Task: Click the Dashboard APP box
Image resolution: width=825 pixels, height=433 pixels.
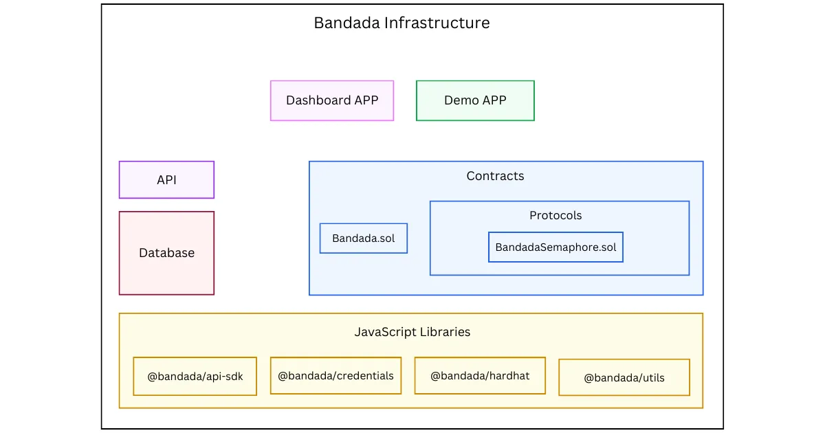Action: click(x=332, y=100)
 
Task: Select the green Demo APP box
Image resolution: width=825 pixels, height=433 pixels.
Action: click(x=475, y=100)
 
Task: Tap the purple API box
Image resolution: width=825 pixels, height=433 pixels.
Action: click(x=166, y=179)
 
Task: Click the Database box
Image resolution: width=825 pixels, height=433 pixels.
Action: click(x=166, y=253)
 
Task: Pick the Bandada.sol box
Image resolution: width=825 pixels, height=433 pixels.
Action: click(x=364, y=238)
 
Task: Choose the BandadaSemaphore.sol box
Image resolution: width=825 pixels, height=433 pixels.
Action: click(x=555, y=247)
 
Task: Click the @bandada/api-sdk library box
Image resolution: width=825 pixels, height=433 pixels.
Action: click(x=195, y=377)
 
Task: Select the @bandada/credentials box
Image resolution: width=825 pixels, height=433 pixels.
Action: click(x=335, y=375)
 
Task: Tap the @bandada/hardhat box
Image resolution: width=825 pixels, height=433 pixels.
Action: click(x=480, y=375)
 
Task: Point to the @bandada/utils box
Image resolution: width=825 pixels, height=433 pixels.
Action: click(x=624, y=377)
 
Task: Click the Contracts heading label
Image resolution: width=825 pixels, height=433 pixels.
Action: click(x=496, y=176)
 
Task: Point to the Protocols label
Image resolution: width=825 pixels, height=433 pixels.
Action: click(x=555, y=215)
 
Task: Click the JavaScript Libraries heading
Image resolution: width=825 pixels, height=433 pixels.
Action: click(x=412, y=332)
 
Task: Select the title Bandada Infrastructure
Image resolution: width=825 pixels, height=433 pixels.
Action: click(x=401, y=23)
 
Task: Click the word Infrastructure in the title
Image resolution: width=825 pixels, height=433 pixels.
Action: click(x=437, y=23)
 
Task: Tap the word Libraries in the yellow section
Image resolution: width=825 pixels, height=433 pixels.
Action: click(x=445, y=332)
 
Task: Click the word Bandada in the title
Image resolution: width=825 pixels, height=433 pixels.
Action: click(x=347, y=23)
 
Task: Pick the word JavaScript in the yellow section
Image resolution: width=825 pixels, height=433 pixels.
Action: click(x=385, y=332)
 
